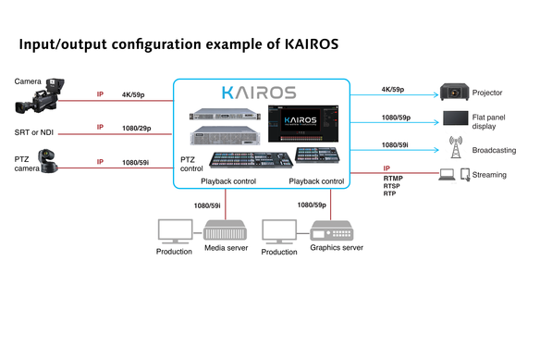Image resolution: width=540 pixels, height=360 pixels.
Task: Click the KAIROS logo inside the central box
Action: coord(258,93)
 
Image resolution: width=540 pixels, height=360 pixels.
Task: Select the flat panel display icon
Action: coord(456,119)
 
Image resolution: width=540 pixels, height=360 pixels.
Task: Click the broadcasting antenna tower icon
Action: coord(455,147)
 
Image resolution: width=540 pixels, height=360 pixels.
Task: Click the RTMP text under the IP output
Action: coord(394,178)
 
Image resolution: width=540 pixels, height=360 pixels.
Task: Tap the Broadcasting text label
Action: coord(494,150)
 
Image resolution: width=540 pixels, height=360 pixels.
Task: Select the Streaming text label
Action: coord(490,174)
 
